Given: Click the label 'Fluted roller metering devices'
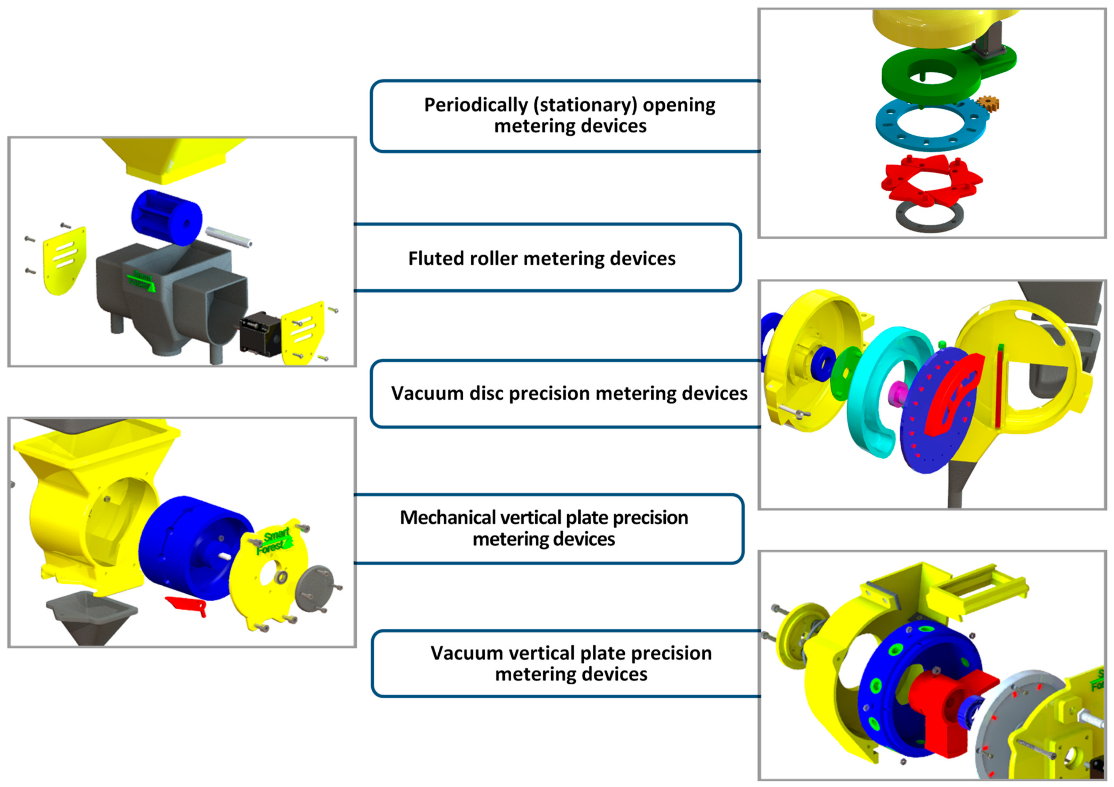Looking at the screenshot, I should pos(541,259).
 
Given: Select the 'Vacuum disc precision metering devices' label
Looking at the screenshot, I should pos(569,393).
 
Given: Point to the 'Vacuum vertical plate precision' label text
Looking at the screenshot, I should pos(571,653).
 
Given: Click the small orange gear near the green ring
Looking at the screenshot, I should pos(987,103).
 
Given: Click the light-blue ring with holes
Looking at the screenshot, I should pos(931,126).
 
